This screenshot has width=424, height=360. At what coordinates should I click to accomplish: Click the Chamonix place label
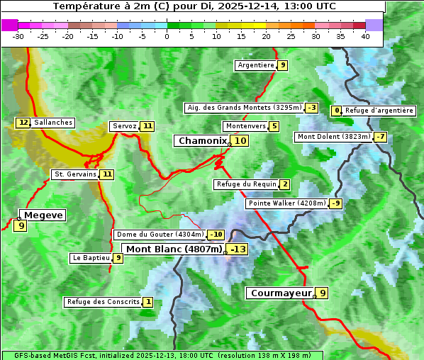[202, 141]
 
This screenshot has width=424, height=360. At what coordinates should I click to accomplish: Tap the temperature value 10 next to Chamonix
[241, 141]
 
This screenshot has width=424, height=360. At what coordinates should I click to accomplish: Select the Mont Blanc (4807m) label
[174, 249]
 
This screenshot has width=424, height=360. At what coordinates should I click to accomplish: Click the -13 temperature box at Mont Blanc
[238, 249]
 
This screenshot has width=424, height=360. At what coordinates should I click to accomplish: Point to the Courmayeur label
[281, 293]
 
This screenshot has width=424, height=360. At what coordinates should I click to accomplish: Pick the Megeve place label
[43, 215]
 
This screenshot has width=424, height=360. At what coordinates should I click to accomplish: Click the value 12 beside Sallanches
[23, 123]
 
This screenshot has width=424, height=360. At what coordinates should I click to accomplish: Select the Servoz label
[124, 126]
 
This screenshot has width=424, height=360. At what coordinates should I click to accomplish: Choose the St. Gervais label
[74, 174]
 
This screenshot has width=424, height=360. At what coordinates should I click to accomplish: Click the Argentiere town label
[256, 65]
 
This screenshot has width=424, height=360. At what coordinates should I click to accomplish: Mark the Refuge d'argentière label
[379, 111]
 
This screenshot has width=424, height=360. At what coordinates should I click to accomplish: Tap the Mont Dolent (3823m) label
[334, 137]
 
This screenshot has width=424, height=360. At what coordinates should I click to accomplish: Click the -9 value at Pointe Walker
[335, 203]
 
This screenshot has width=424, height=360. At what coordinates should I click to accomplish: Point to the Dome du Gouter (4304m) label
[160, 235]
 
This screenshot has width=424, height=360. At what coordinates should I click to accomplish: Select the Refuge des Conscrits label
[102, 302]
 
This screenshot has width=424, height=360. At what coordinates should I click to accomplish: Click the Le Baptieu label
[91, 258]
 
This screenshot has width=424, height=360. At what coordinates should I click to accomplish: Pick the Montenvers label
[245, 126]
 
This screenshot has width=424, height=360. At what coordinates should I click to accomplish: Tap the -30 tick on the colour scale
[18, 36]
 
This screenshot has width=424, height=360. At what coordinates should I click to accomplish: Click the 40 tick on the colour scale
[365, 36]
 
